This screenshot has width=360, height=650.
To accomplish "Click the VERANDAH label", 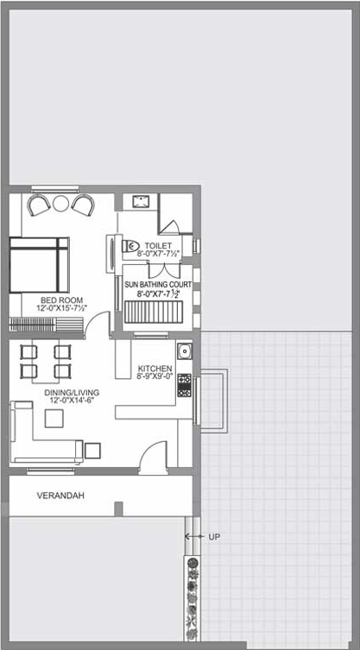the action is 60,495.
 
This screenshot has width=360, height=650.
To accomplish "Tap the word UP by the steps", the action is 214,537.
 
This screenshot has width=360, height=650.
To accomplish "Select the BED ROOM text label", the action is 62,300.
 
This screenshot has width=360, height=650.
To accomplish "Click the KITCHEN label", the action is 155,369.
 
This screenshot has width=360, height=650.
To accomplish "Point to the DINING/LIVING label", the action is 73,392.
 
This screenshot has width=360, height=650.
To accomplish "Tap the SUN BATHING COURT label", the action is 159,285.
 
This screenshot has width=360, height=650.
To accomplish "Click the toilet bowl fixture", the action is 129,246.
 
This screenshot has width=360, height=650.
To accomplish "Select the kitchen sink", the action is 184,351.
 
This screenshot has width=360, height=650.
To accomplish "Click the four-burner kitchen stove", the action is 184,385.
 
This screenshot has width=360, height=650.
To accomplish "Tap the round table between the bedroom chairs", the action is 61,203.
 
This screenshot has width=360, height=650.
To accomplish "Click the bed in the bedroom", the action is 39,265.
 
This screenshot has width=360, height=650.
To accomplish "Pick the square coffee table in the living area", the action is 54,419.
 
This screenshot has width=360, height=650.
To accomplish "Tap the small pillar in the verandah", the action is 118,508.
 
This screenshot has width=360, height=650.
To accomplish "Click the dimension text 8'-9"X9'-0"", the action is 155,377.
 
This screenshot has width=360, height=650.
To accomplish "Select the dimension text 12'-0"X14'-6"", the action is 73,400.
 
